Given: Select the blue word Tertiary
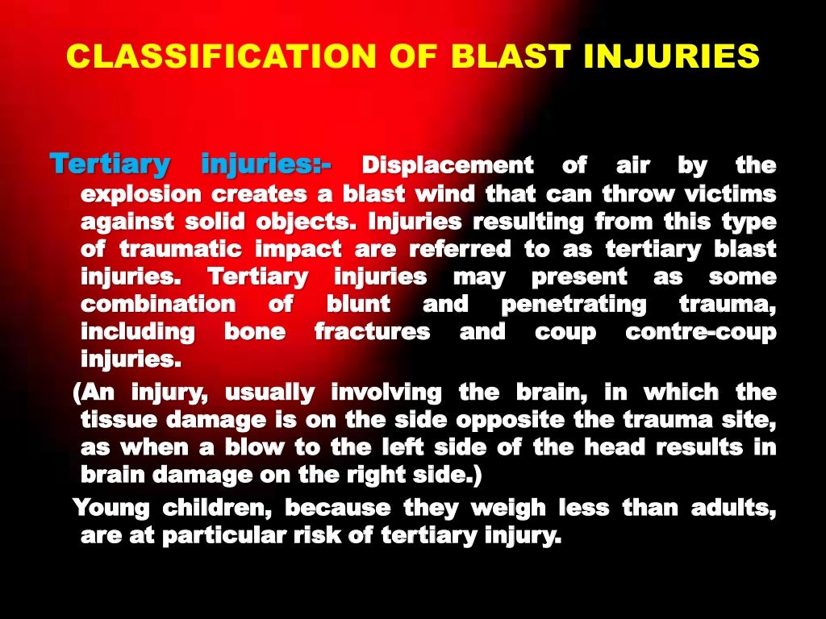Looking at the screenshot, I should pos(110,164).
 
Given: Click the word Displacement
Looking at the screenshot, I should pos(448,166).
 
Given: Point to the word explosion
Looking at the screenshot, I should pos(140,194).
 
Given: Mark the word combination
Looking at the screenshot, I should pos(158,304).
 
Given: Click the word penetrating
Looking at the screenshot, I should pos(574,304).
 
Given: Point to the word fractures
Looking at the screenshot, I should pos(372,331).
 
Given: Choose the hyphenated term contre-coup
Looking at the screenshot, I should pos(701,331).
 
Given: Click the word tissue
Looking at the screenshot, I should pos(116,420).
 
